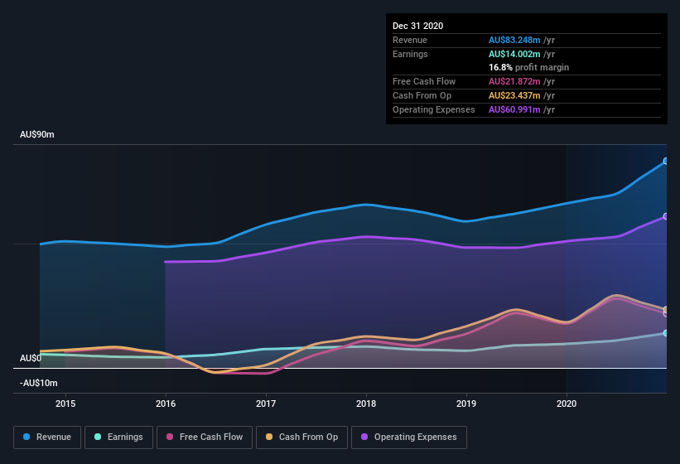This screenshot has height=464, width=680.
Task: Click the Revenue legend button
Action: click(47, 437)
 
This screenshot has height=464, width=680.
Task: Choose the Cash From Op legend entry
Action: click(301, 437)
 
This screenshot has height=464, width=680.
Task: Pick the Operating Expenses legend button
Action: click(408, 437)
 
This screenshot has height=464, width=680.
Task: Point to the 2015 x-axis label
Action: click(65, 404)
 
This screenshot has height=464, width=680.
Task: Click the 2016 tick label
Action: click(166, 404)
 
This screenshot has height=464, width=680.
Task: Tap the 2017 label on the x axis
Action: click(266, 404)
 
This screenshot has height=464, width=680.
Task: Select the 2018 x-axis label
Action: click(366, 404)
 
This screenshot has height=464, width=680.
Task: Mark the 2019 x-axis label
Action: click(466, 404)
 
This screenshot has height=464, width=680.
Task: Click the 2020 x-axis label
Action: click(567, 404)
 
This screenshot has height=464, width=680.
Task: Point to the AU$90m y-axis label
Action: click(37, 134)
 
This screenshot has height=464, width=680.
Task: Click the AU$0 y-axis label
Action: click(31, 358)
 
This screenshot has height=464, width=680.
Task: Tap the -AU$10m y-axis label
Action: click(39, 383)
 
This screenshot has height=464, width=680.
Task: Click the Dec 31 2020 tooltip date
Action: click(418, 26)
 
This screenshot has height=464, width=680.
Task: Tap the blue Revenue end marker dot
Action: click(666, 162)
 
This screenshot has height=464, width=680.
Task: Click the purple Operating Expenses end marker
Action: click(666, 216)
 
